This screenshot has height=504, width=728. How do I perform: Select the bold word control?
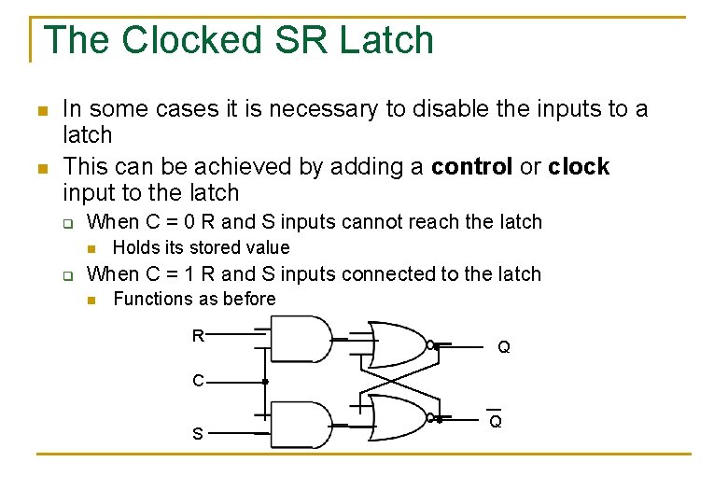[x=472, y=167]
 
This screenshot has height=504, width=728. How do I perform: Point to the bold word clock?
[x=579, y=167]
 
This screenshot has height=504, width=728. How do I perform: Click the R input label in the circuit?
[x=198, y=336]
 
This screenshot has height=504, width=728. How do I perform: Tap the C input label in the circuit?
[x=198, y=381]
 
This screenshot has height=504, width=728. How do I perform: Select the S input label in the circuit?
[x=198, y=434]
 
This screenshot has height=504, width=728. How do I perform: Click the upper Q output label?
[x=504, y=347]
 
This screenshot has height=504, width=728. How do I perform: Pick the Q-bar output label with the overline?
[x=496, y=420]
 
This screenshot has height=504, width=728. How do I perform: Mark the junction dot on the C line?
[x=265, y=382]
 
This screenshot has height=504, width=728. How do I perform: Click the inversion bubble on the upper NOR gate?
[x=430, y=345]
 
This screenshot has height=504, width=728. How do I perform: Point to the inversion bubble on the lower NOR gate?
[x=430, y=418]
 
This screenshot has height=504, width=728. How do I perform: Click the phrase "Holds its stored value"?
[x=201, y=247]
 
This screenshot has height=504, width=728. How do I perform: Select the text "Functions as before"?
[x=194, y=300]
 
